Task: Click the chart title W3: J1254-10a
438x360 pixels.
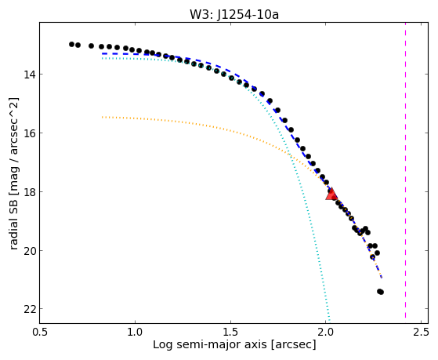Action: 234,15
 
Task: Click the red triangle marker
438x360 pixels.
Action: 331,195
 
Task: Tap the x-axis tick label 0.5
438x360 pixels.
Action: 40,333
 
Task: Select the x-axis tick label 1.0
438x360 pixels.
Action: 136,333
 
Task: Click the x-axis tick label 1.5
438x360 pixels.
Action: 230,333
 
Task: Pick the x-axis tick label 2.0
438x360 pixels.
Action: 326,333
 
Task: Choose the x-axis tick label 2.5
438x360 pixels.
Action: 421,333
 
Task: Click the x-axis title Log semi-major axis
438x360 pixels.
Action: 210,345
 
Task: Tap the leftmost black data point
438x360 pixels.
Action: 71,44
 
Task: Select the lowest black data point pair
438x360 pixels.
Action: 380,292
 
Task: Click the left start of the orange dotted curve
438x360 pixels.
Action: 103,117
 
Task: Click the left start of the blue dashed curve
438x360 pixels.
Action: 103,53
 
